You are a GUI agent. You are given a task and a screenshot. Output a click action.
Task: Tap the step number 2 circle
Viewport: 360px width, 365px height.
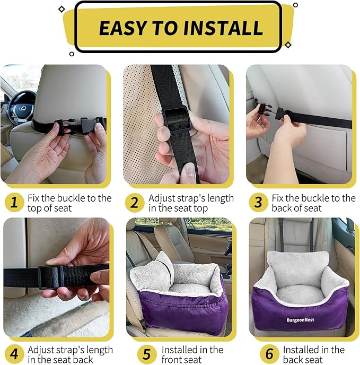pyautogui.click(x=135, y=202)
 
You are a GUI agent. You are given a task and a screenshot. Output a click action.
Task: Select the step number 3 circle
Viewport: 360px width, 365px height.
pyautogui.click(x=258, y=202)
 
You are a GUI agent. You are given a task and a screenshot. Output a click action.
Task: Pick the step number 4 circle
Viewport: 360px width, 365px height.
pyautogui.click(x=14, y=354)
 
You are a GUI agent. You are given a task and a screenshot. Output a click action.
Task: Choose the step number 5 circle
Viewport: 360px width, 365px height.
pyautogui.click(x=147, y=354)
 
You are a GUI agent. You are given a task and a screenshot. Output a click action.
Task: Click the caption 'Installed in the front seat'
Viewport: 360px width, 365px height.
pyautogui.click(x=192, y=354)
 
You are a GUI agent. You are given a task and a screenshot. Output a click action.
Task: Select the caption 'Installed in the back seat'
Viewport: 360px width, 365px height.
pyautogui.click(x=313, y=354)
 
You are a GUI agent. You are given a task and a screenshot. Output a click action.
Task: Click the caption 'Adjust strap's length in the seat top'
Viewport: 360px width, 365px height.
pyautogui.click(x=191, y=203)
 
